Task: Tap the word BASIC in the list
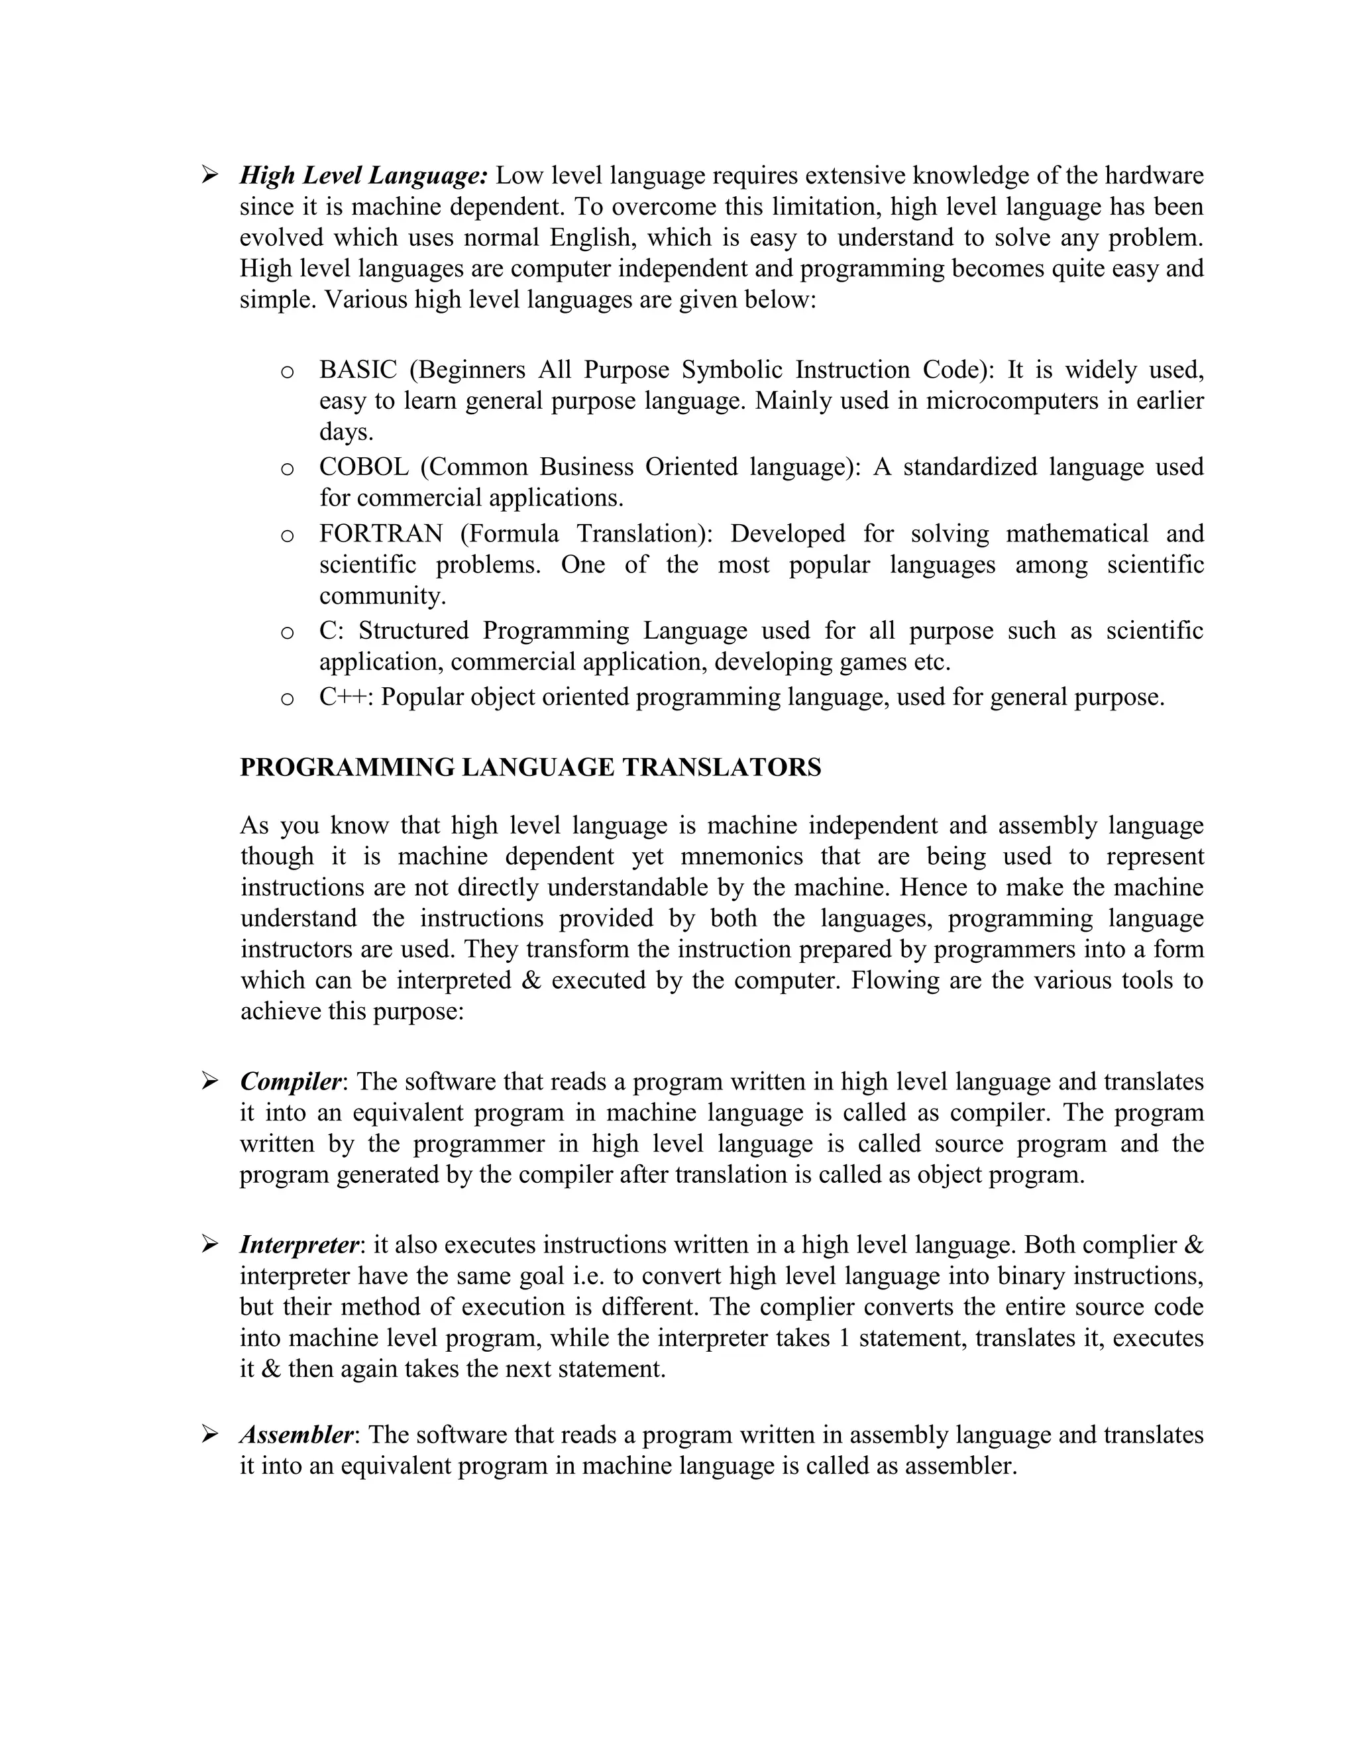click(x=358, y=370)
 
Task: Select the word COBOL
click(x=363, y=467)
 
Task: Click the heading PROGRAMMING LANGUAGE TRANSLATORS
click(x=531, y=767)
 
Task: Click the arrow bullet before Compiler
click(x=210, y=1082)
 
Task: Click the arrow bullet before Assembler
click(x=210, y=1435)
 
